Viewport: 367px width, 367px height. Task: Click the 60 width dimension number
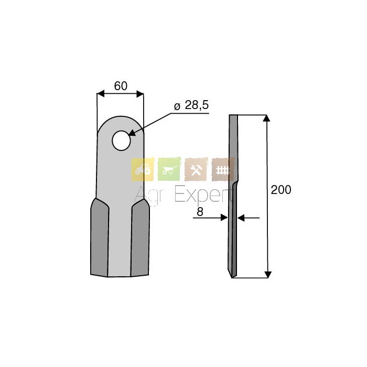121,86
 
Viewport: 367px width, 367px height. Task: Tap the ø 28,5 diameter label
191,105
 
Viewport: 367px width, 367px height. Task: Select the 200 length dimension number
281,190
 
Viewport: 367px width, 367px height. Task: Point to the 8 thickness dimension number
200,212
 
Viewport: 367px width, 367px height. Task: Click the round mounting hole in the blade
121,141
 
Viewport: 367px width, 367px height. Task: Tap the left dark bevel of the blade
100,237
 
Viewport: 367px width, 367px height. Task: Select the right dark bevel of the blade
140,237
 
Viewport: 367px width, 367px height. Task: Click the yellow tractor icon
143,169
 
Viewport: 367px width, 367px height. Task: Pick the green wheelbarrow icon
169,169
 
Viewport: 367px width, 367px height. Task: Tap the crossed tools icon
196,169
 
